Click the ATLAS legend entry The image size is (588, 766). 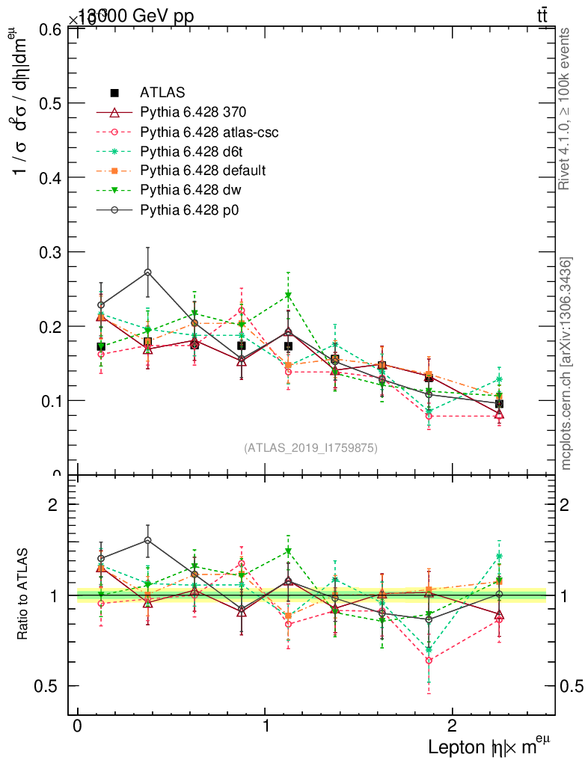coord(163,93)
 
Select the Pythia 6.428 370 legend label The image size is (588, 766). coord(193,112)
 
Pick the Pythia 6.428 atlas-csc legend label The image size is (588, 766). coord(209,132)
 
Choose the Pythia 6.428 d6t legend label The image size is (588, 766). coord(192,151)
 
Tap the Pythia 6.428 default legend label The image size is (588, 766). coord(203,171)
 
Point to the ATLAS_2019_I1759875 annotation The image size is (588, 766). coord(310,447)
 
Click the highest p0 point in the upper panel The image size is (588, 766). coord(148,272)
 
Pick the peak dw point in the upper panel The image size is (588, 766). coord(288,296)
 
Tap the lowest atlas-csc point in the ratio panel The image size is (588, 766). coord(429,661)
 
